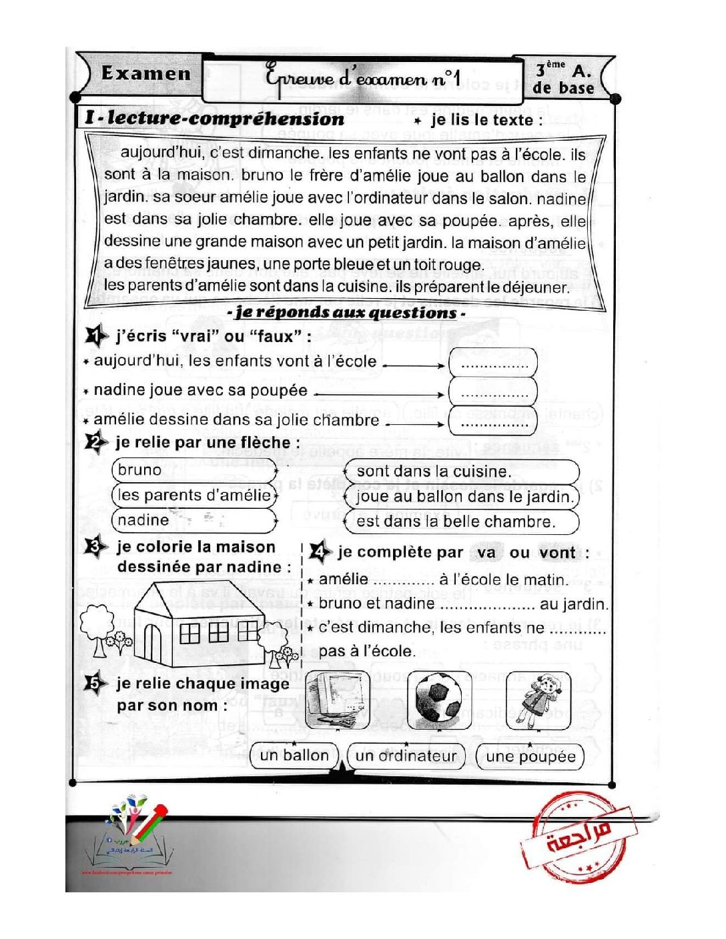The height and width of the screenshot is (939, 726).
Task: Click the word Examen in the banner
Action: click(x=145, y=73)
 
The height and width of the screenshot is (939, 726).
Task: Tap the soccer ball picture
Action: click(x=438, y=700)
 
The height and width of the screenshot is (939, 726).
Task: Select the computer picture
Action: click(x=337, y=700)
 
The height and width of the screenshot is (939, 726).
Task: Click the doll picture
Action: click(x=539, y=700)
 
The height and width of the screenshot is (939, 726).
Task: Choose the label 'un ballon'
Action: click(x=294, y=756)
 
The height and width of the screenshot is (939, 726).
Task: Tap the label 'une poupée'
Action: click(x=530, y=756)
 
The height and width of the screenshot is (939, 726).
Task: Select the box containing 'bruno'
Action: click(x=194, y=470)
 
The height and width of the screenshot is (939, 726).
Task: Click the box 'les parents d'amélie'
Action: click(x=194, y=496)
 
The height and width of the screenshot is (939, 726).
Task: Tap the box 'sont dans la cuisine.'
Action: click(x=461, y=472)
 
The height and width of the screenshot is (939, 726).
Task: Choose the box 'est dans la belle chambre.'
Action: click(x=461, y=522)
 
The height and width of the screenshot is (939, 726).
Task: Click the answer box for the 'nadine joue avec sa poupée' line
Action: click(x=493, y=391)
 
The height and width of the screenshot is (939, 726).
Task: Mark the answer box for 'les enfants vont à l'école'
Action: click(x=493, y=363)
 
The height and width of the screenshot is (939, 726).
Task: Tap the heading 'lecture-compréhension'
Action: click(x=226, y=119)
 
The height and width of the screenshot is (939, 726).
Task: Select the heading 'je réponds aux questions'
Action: click(x=346, y=313)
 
